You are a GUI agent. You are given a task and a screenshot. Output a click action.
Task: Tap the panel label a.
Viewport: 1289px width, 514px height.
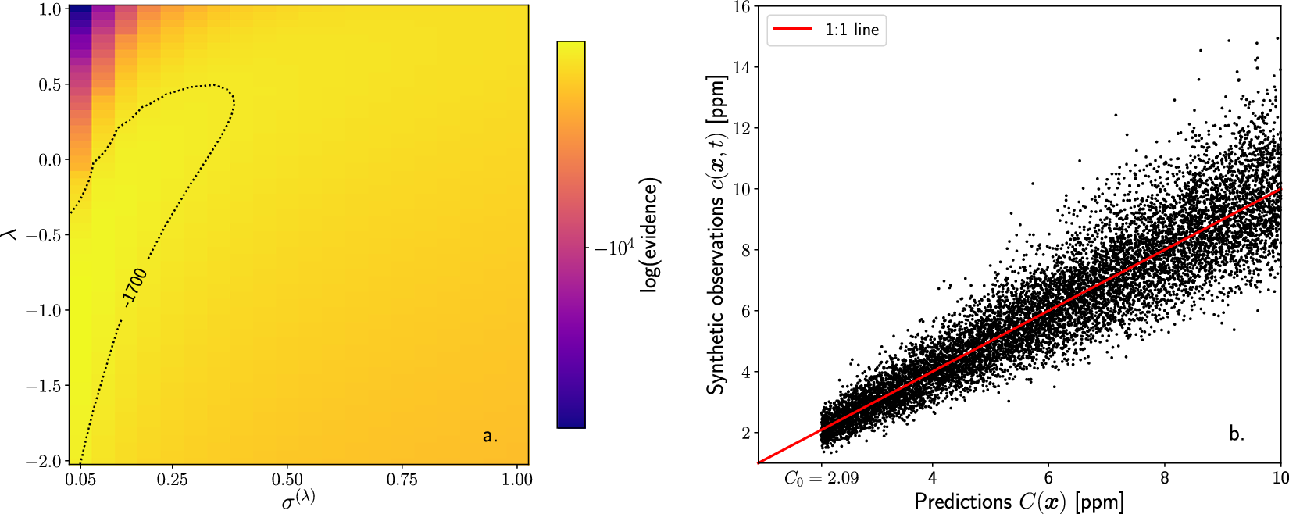(490, 436)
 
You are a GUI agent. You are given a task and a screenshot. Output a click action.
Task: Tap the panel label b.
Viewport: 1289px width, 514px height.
(1236, 434)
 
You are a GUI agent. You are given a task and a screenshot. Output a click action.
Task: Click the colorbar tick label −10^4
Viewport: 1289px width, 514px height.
(614, 248)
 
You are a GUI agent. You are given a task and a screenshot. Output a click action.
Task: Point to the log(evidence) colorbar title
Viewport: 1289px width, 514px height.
(650, 235)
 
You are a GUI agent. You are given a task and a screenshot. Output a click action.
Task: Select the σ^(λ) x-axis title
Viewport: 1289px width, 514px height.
(298, 498)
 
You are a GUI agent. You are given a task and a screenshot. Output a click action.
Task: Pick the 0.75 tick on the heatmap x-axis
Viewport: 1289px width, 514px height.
(402, 480)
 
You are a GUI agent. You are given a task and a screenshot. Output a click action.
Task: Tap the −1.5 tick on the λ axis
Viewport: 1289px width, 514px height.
(45, 386)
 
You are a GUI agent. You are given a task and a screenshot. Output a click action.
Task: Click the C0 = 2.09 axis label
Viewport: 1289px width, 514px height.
(820, 478)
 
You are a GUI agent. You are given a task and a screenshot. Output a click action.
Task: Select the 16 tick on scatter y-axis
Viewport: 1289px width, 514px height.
(741, 8)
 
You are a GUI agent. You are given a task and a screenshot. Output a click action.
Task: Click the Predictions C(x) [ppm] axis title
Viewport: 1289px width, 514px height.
(1019, 502)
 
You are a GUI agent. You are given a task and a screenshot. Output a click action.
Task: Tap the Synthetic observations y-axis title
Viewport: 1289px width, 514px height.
(717, 234)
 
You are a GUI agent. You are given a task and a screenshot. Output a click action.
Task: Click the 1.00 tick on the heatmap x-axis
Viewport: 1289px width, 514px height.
(516, 480)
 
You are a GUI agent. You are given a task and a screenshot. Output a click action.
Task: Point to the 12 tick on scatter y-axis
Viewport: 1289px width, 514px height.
(741, 128)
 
